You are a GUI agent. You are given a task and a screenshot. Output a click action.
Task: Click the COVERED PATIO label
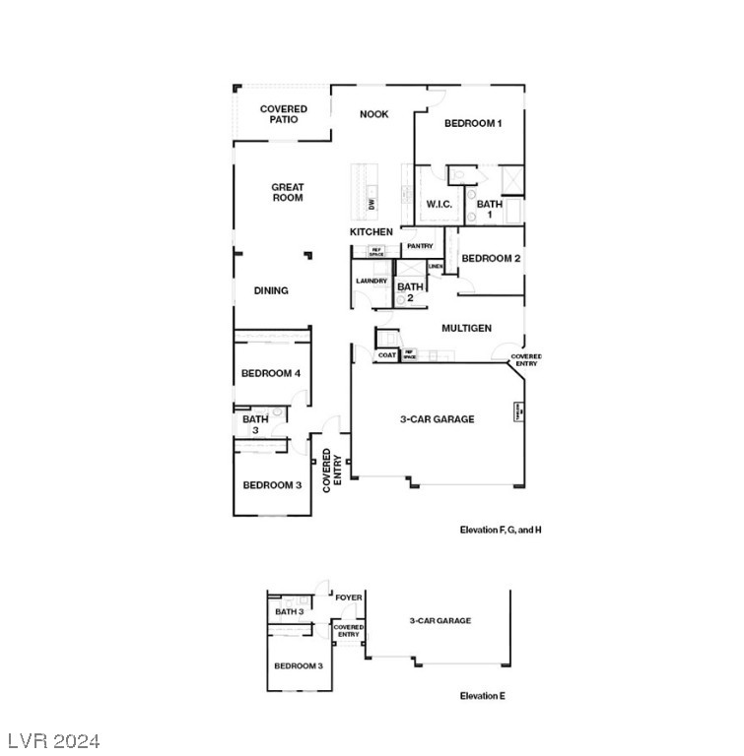(284, 114)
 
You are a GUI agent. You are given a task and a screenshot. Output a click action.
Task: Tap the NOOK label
(373, 114)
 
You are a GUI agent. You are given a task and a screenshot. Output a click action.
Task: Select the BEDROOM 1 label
(473, 123)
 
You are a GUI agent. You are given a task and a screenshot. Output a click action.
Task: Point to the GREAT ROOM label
(288, 192)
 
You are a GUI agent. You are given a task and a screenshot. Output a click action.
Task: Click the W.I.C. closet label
(440, 205)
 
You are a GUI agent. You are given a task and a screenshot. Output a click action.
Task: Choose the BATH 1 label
(490, 210)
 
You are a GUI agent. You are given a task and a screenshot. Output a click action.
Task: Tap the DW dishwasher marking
(372, 205)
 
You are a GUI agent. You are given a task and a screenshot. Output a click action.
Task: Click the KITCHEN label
(372, 232)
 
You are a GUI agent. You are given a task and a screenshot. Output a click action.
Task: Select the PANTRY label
(420, 246)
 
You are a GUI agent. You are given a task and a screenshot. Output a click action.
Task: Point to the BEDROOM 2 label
(491, 259)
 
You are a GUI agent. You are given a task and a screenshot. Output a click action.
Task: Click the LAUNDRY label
(372, 282)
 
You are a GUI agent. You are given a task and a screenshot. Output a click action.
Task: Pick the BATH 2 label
(410, 291)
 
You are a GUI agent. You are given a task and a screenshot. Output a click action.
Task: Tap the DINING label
(271, 290)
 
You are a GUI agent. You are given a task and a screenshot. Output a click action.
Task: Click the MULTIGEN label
(466, 328)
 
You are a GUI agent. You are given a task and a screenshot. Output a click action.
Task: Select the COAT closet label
(386, 355)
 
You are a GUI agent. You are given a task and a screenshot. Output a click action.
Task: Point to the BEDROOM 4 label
(271, 373)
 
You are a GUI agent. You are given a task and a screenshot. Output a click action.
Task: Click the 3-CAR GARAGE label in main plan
(437, 419)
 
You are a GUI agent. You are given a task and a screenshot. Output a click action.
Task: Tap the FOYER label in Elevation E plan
(349, 598)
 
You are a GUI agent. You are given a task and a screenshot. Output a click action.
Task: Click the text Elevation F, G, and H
(501, 530)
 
